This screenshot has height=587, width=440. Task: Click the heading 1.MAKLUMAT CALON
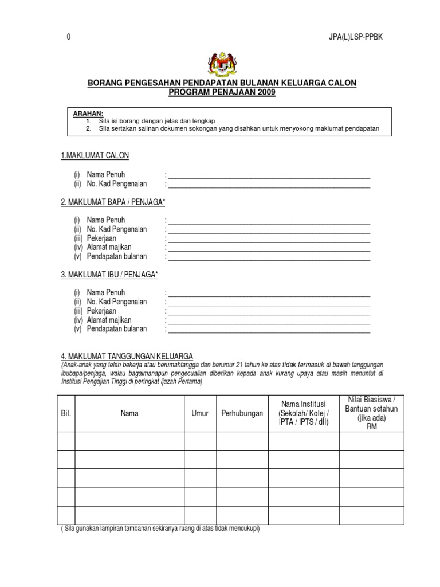coord(95,156)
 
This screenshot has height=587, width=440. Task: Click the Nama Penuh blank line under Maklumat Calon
coord(269,175)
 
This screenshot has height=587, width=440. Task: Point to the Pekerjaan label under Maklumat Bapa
coord(101,238)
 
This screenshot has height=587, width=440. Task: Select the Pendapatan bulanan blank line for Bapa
coord(269,257)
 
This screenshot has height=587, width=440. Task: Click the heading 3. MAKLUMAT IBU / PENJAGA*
coord(109,275)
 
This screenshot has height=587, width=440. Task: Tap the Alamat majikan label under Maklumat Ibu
coord(109,320)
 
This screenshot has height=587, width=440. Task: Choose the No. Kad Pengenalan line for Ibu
coord(269,302)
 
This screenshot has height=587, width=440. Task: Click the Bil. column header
coord(66,413)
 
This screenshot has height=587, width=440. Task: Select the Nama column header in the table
coord(129,413)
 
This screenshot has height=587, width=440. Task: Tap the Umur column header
coord(200,413)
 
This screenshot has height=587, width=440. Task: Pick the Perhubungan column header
coord(242,413)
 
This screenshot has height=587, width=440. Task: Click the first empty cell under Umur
coord(200,441)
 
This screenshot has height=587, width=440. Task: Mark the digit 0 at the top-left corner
coord(69,37)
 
